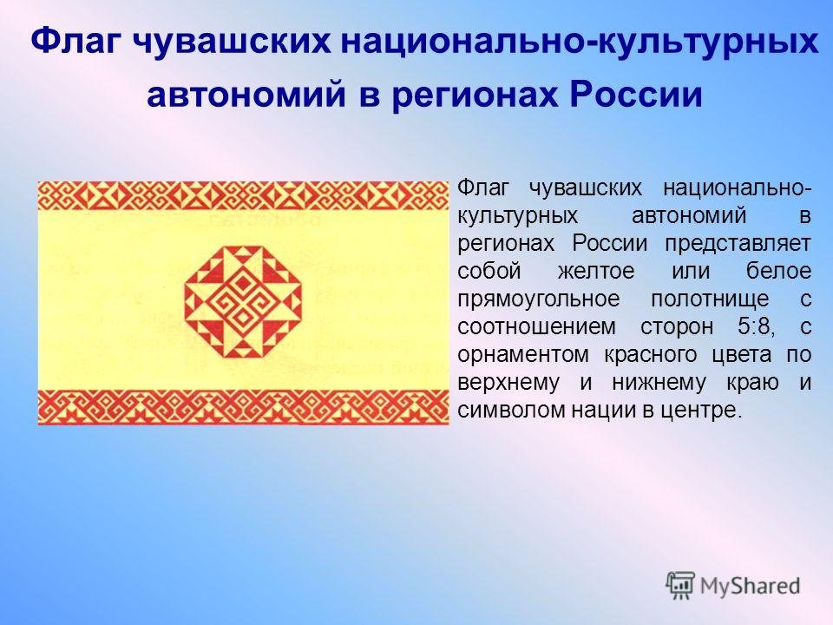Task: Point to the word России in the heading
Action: [x=636, y=95]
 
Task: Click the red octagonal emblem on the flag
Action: [x=243, y=300]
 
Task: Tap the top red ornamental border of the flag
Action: [x=243, y=195]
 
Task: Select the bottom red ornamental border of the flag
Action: [x=243, y=407]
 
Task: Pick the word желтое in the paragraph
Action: [x=596, y=271]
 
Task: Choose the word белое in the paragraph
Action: [x=779, y=271]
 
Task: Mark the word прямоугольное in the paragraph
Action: [x=539, y=299]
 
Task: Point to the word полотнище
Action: [x=711, y=299]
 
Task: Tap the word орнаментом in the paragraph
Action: [x=523, y=355]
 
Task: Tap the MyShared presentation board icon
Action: [x=680, y=586]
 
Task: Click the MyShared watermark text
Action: [x=750, y=587]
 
